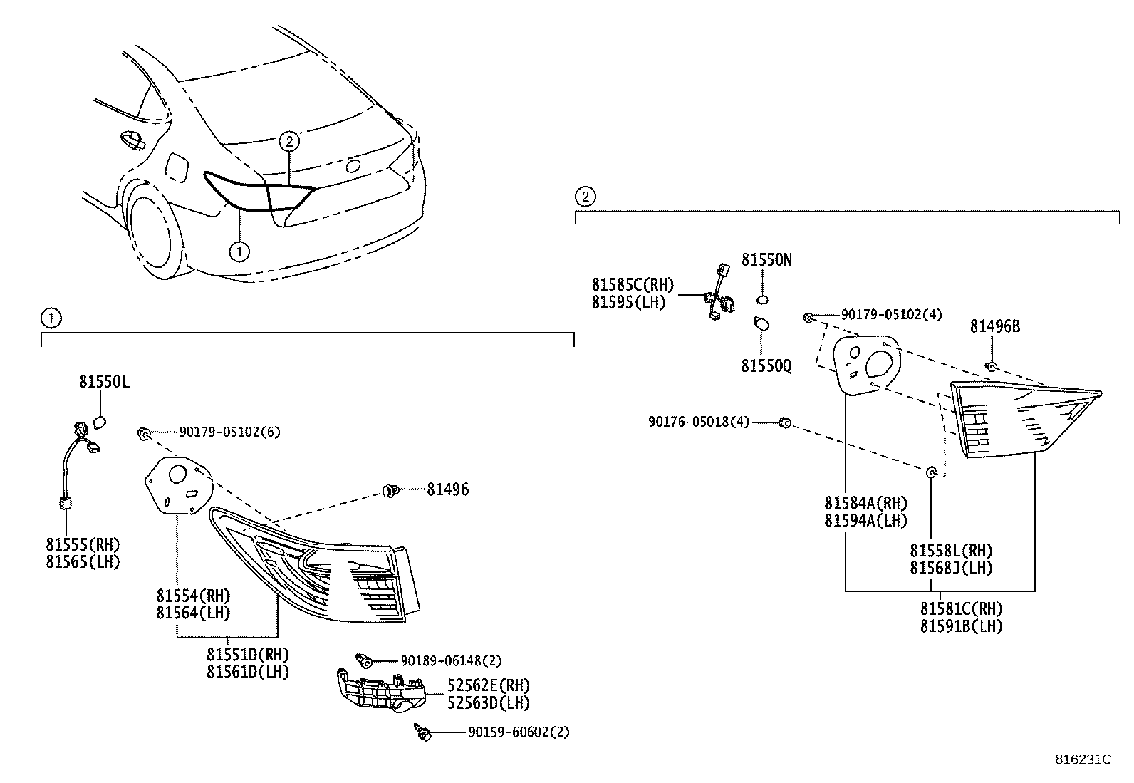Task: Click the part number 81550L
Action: pyautogui.click(x=104, y=383)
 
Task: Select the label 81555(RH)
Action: pyautogui.click(x=83, y=545)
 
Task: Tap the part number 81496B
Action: pyautogui.click(x=995, y=326)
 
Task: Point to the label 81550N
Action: pyautogui.click(x=766, y=260)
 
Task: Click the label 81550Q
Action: pyautogui.click(x=766, y=365)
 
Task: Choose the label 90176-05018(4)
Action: pyautogui.click(x=699, y=422)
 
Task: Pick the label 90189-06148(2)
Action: pyautogui.click(x=451, y=661)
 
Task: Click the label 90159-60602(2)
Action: pyautogui.click(x=519, y=732)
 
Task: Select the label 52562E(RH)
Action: pyautogui.click(x=489, y=685)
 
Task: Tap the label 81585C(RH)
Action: pyautogui.click(x=633, y=285)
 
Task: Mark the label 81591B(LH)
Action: pyautogui.click(x=961, y=626)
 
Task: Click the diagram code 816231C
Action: pyautogui.click(x=1083, y=759)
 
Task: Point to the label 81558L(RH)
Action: pyautogui.click(x=951, y=551)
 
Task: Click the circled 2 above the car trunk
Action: pyautogui.click(x=288, y=141)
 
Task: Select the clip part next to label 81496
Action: pyautogui.click(x=389, y=489)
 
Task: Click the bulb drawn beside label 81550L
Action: pyautogui.click(x=100, y=422)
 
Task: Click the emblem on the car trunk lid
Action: pyautogui.click(x=353, y=167)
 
